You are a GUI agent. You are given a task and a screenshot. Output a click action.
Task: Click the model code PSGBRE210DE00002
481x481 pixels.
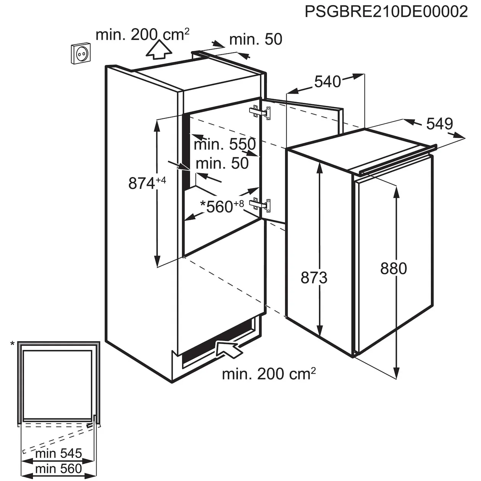pyautogui.click(x=386, y=11)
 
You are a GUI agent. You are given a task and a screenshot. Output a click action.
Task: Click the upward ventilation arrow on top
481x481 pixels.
pyautogui.click(x=158, y=50)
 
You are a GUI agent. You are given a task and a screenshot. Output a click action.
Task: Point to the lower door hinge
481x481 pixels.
pyautogui.click(x=261, y=205)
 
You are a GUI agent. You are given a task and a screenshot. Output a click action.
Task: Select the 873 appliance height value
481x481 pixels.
pyautogui.click(x=314, y=278)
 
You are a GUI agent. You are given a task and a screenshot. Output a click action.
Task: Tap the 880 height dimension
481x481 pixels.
pyautogui.click(x=394, y=269)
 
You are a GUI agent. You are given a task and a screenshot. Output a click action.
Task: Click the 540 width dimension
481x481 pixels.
pyautogui.click(x=327, y=81)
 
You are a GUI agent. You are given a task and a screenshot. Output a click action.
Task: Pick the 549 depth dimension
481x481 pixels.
pyautogui.click(x=439, y=123)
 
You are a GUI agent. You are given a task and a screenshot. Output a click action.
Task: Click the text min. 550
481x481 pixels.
pyautogui.click(x=224, y=144)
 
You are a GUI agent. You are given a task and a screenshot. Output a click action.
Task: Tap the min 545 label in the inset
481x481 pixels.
pyautogui.click(x=58, y=454)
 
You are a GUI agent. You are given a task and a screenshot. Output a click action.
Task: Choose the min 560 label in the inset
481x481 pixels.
pyautogui.click(x=58, y=468)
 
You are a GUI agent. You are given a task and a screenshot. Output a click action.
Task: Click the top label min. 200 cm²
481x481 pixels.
pyautogui.click(x=142, y=35)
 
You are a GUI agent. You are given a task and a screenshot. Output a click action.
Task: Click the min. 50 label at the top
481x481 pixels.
pyautogui.click(x=256, y=39)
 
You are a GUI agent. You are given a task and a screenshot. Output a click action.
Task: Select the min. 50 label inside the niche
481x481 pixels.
pyautogui.click(x=222, y=163)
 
